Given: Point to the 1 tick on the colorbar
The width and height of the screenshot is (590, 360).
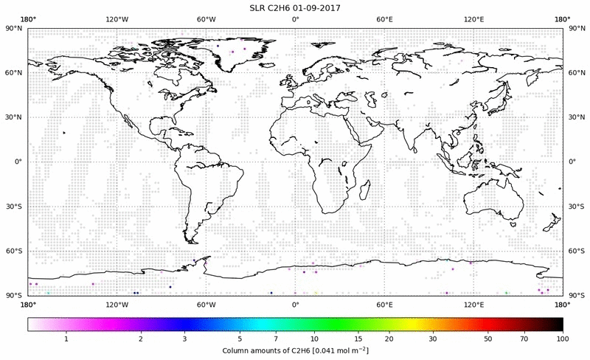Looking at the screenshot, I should pos(66,339).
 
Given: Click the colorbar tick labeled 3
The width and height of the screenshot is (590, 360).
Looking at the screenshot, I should pos(184,339).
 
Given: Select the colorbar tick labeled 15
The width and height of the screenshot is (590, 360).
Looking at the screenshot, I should pos(356,339).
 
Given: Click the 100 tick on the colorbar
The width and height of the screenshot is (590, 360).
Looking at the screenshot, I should pos(562,339).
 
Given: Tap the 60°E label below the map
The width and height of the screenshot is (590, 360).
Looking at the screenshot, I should pos(384,303).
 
